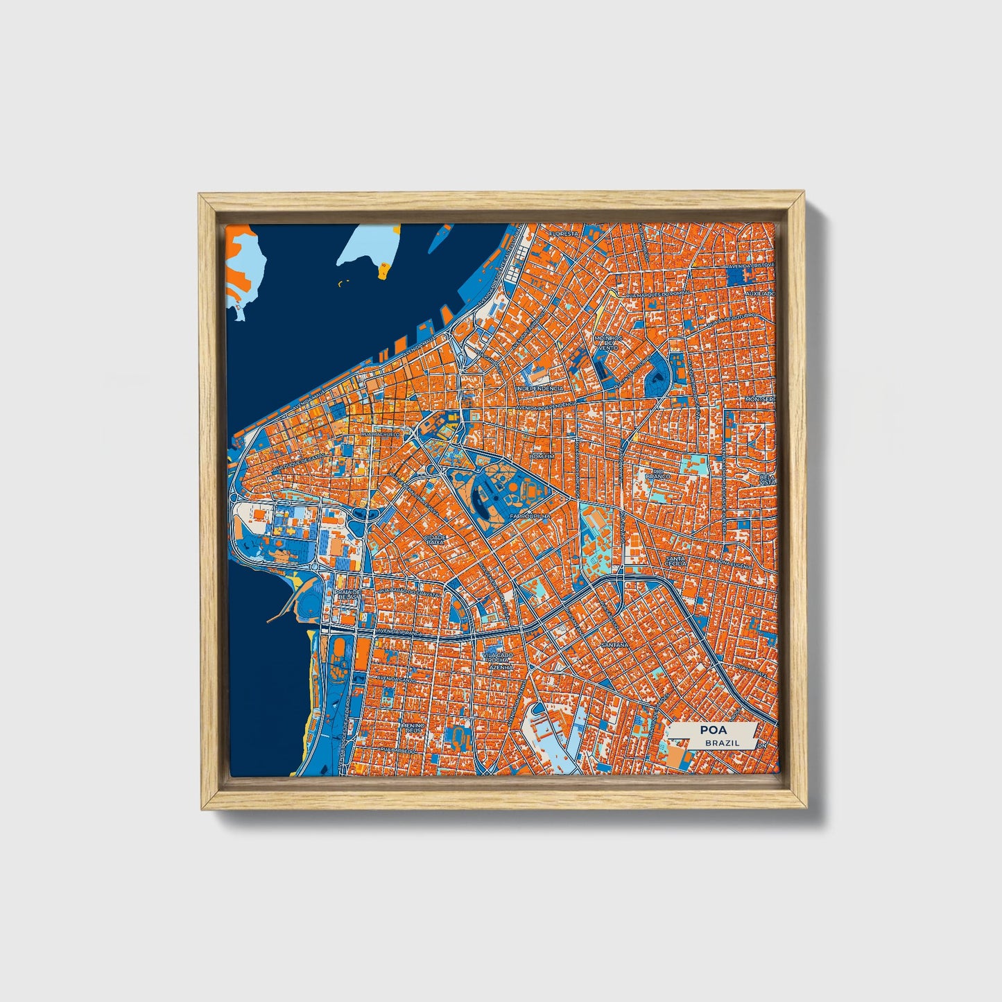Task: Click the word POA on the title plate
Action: coord(713,729)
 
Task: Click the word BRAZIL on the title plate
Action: coord(721,743)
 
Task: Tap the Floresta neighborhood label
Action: coord(563,234)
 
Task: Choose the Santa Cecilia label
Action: coord(675,560)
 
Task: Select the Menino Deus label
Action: coord(411,727)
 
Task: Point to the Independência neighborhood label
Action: coord(540,389)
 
